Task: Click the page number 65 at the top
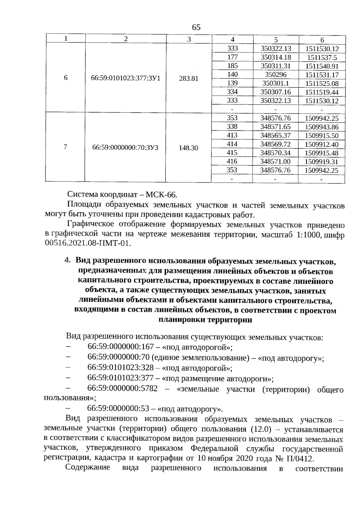click(196, 28)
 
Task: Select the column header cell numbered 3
click(189, 39)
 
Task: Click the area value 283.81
click(189, 79)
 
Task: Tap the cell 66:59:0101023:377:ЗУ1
click(126, 79)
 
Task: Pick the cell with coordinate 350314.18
click(276, 57)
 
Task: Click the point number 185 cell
click(232, 66)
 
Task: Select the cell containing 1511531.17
click(322, 75)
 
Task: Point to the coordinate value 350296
click(276, 75)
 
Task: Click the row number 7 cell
click(65, 147)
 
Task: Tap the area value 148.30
click(188, 148)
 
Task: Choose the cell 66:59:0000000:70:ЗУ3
click(125, 148)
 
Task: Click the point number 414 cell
click(232, 144)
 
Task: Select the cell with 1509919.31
click(321, 162)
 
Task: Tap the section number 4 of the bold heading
click(67, 261)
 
